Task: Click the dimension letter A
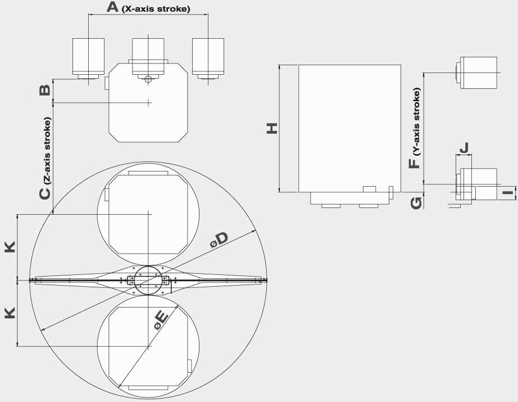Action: pos(112,7)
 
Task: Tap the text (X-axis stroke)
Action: pos(156,9)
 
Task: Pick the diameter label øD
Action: pos(219,240)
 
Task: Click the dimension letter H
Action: pos(272,128)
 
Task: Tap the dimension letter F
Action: pos(414,163)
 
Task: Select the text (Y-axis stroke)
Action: pos(417,121)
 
